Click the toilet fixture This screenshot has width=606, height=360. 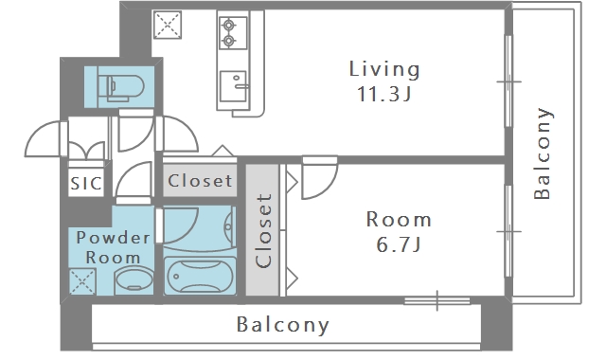tap(120, 86)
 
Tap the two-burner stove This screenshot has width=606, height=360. tap(233, 32)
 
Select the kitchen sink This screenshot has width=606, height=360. tap(233, 86)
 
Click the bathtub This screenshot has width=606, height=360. tap(200, 276)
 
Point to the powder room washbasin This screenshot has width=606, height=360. tap(134, 280)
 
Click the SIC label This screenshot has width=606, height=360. tap(86, 183)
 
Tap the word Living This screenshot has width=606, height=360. tap(384, 69)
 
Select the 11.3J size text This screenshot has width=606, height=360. tap(384, 94)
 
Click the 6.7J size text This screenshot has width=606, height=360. tap(399, 244)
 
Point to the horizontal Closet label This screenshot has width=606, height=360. tap(200, 181)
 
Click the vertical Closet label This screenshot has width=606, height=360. tap(263, 230)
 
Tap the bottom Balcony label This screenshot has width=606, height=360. tap(282, 324)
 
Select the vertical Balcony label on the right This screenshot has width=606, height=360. tap(543, 153)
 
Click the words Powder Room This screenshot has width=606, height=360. tap(113, 247)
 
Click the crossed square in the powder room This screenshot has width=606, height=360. tap(82, 281)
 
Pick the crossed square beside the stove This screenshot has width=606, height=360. tap(168, 26)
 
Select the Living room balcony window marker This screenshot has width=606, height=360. tap(509, 81)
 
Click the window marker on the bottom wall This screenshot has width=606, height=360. tap(437, 300)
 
